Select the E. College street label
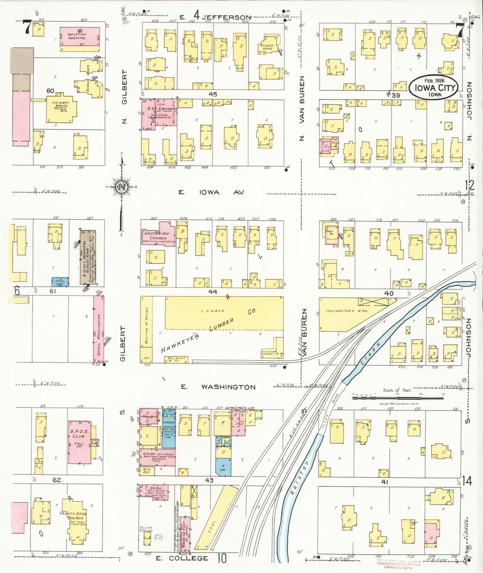pyautogui.click(x=189, y=558)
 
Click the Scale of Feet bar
pyautogui.click(x=397, y=398)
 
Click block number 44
pyautogui.click(x=213, y=292)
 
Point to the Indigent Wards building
pyautogui.click(x=61, y=109)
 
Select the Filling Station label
pyautogui.click(x=146, y=529)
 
